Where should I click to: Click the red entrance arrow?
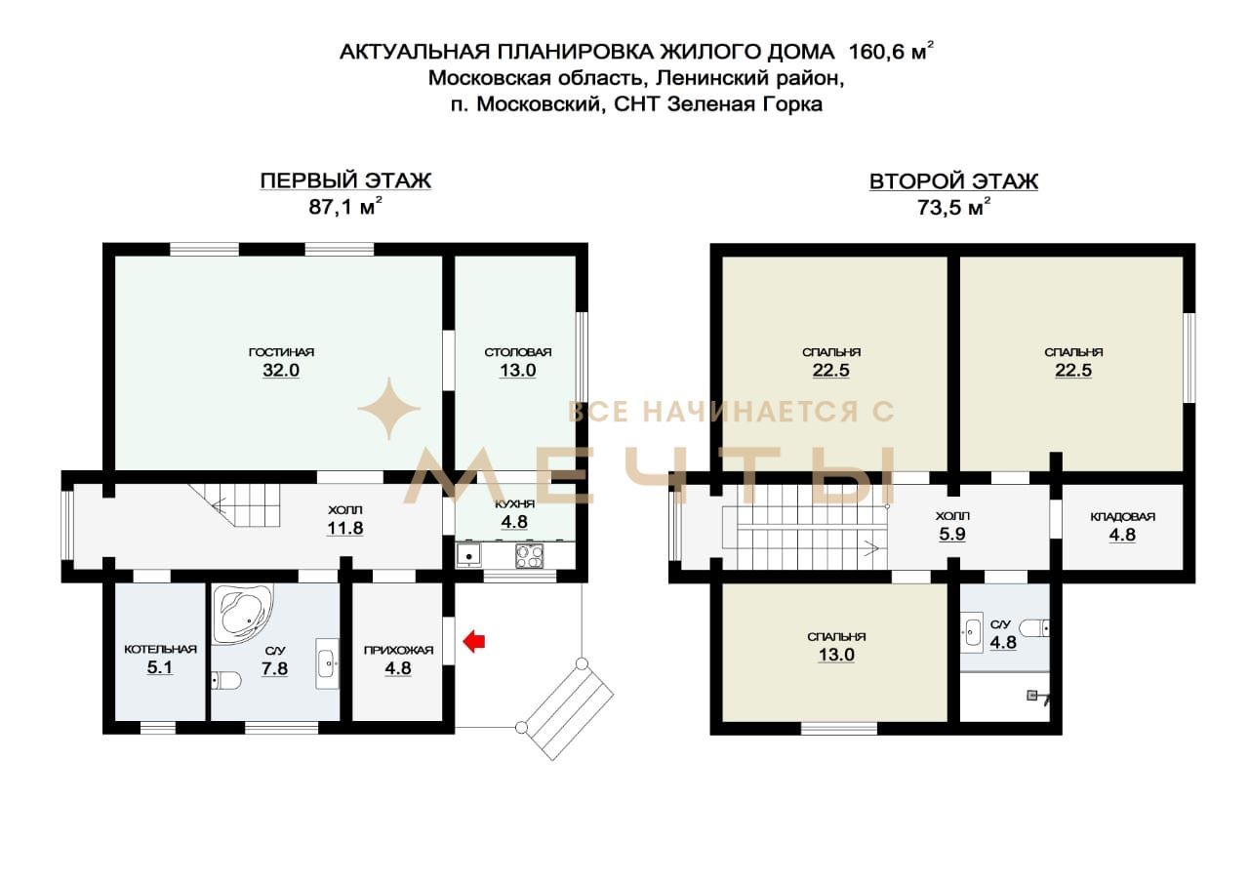tap(474, 641)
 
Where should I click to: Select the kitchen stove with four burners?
tap(529, 556)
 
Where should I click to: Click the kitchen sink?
tap(469, 556)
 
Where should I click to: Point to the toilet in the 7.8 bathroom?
tap(225, 680)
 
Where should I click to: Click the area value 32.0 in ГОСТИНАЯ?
tap(281, 370)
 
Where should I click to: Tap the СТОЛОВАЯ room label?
tap(517, 352)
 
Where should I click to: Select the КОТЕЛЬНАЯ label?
tap(160, 649)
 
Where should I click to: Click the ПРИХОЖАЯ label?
tap(398, 650)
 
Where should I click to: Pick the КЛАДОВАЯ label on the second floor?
tap(1122, 517)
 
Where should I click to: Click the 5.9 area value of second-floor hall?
tap(951, 535)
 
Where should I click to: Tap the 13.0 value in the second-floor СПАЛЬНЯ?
tap(836, 655)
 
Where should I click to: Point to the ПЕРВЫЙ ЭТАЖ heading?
tap(345, 180)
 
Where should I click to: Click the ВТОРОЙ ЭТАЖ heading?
tap(953, 181)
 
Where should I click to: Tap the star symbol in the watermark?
tap(388, 408)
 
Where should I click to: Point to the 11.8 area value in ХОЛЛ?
tap(344, 528)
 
